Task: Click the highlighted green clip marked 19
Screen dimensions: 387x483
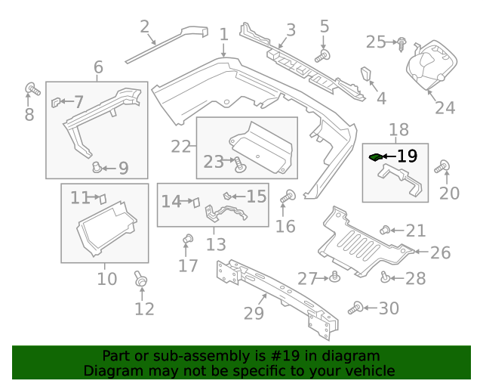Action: pyautogui.click(x=375, y=157)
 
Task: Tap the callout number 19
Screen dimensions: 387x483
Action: pyautogui.click(x=407, y=156)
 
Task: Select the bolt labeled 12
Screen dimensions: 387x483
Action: pyautogui.click(x=140, y=280)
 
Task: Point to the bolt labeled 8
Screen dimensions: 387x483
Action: pyautogui.click(x=32, y=89)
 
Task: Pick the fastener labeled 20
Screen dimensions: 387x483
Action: pyautogui.click(x=445, y=168)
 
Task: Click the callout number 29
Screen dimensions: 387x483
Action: pyautogui.click(x=254, y=313)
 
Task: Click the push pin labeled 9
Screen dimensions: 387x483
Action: pyautogui.click(x=96, y=166)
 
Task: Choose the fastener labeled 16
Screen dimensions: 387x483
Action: pyautogui.click(x=286, y=197)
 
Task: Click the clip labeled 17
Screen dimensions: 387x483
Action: pyautogui.click(x=188, y=241)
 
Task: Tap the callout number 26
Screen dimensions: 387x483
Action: pyautogui.click(x=440, y=252)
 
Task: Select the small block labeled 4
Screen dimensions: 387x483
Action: pyautogui.click(x=366, y=75)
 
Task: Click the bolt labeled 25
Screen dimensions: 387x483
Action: pyautogui.click(x=402, y=42)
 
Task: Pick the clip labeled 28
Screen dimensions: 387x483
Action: pyautogui.click(x=385, y=277)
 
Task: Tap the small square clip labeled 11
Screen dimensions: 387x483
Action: pyautogui.click(x=102, y=199)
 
